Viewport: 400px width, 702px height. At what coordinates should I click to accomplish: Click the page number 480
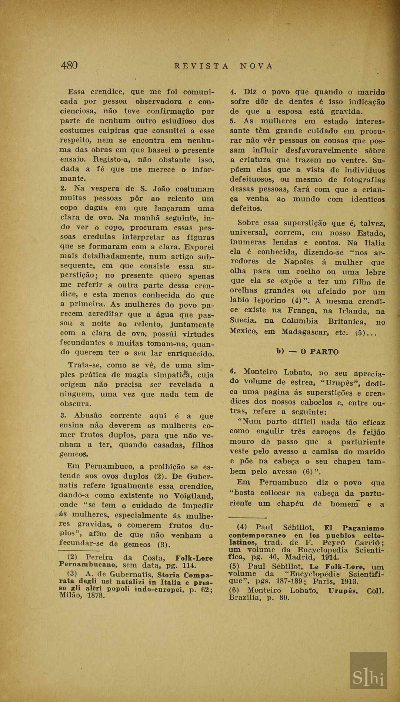69,66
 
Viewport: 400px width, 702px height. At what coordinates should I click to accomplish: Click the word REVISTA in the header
201,66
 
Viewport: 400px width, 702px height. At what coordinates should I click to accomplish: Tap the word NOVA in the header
256,66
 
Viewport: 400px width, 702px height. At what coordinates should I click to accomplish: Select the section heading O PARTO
319,352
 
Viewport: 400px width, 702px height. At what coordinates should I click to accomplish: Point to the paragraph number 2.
62,188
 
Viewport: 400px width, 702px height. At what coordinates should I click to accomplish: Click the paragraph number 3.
62,415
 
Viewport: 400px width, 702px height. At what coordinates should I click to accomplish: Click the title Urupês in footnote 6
343,590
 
